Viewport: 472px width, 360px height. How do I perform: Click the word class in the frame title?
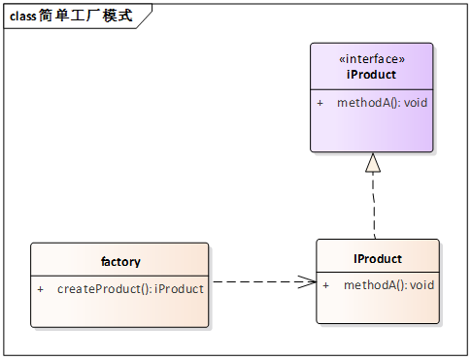click(23, 16)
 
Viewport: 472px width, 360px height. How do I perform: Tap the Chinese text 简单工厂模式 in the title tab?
click(85, 16)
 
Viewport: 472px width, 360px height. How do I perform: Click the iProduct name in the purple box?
click(371, 74)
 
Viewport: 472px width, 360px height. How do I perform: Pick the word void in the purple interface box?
click(415, 103)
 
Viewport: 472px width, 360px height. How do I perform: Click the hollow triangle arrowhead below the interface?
click(373, 163)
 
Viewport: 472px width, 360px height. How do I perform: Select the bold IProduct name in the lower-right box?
click(378, 259)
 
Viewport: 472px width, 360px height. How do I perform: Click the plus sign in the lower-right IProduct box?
click(325, 285)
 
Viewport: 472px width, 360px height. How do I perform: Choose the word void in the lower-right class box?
click(421, 285)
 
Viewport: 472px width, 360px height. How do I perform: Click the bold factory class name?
click(120, 262)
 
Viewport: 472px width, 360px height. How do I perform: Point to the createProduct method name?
click(100, 289)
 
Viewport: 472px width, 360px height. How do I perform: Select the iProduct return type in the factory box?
click(180, 289)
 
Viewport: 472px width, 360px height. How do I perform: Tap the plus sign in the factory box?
click(40, 289)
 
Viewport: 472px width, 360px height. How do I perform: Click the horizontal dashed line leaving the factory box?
click(253, 282)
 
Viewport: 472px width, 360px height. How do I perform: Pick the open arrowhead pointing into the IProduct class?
click(307, 282)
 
